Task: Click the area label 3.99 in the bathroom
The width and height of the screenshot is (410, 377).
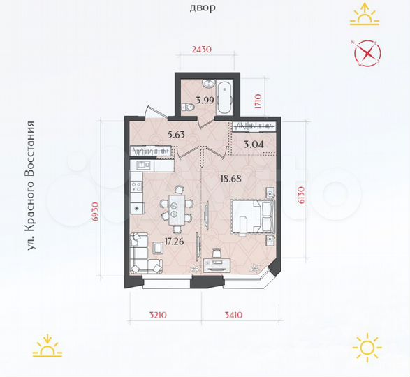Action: pyautogui.click(x=205, y=100)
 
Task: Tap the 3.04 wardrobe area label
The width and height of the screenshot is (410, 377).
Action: pyautogui.click(x=253, y=145)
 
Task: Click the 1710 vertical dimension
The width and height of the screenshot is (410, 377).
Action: pyautogui.click(x=257, y=103)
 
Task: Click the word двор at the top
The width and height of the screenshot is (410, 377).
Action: pyautogui.click(x=203, y=8)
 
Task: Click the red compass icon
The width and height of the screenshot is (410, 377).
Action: pyautogui.click(x=367, y=54)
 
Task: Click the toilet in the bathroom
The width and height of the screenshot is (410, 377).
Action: pyautogui.click(x=186, y=107)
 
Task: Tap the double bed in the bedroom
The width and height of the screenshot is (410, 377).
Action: pyautogui.click(x=251, y=217)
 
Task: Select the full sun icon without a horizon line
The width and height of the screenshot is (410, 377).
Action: pyautogui.click(x=367, y=347)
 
